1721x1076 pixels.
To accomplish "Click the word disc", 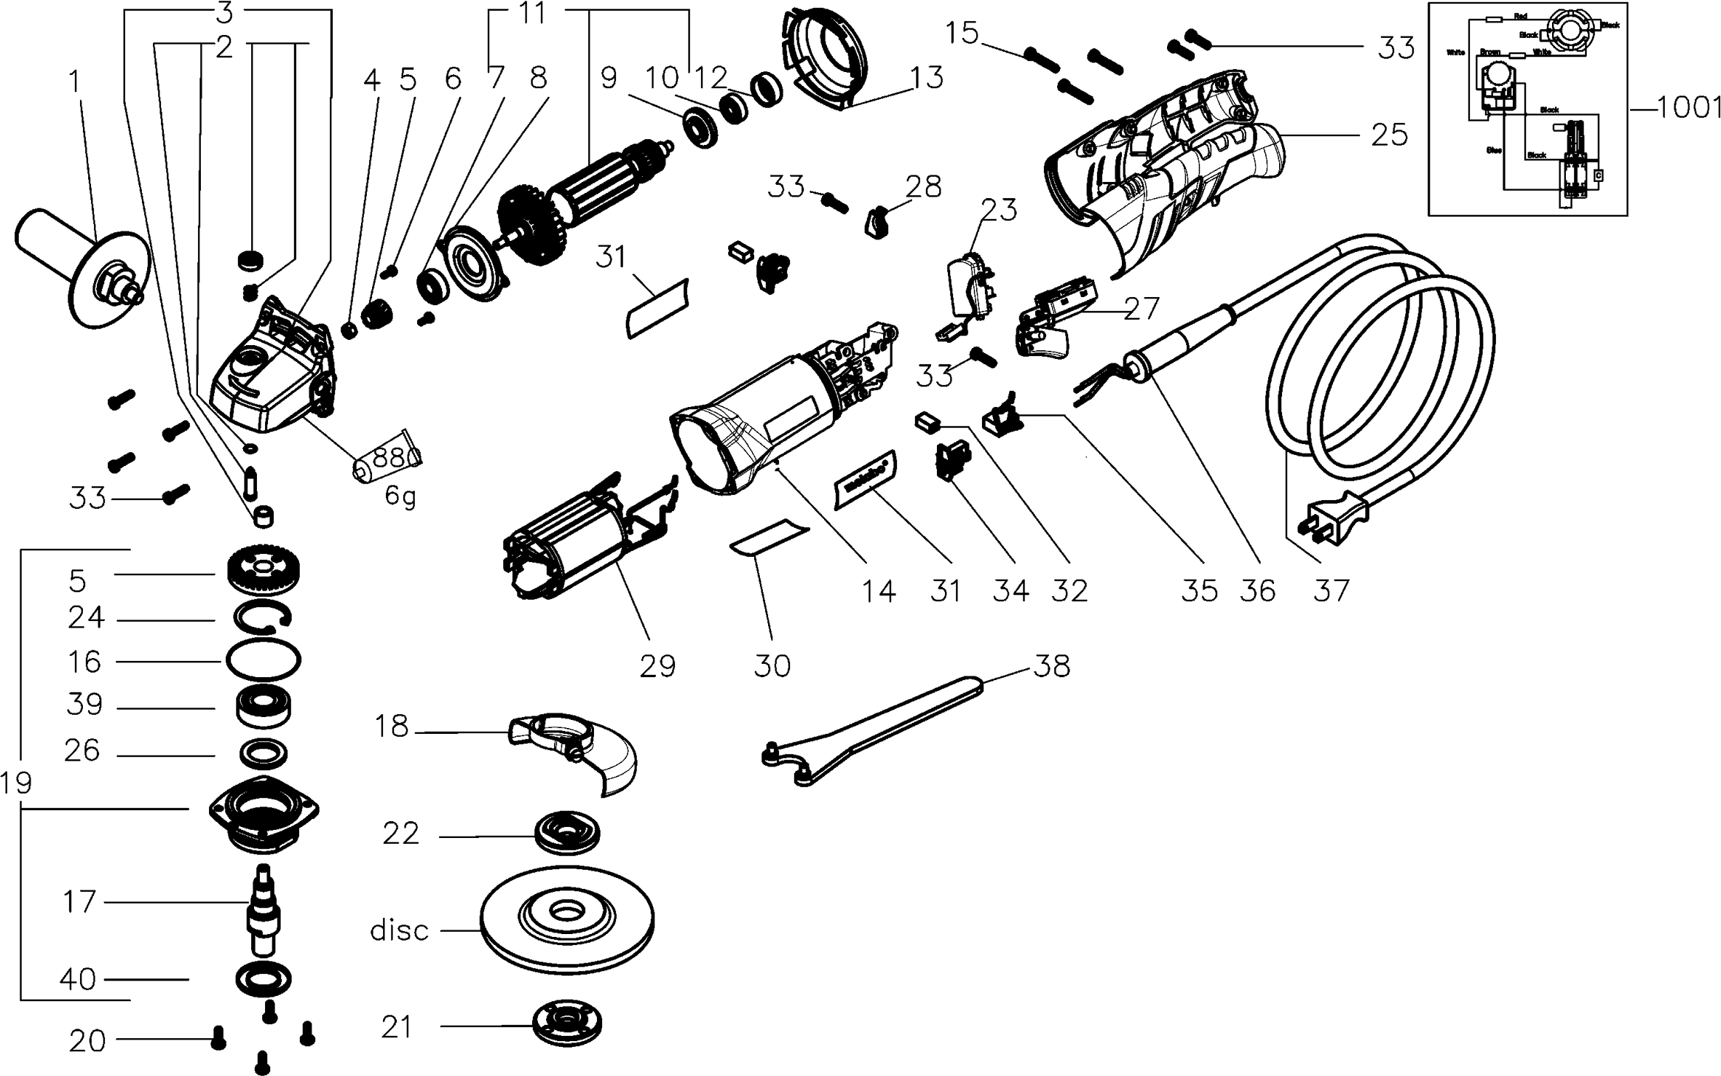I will [x=399, y=930].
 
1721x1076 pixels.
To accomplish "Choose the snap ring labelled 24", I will [x=263, y=617].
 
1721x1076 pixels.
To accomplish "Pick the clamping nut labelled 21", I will [x=567, y=1026].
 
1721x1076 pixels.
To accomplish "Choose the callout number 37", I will [x=1332, y=590].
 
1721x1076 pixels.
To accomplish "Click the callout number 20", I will [x=88, y=1041].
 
